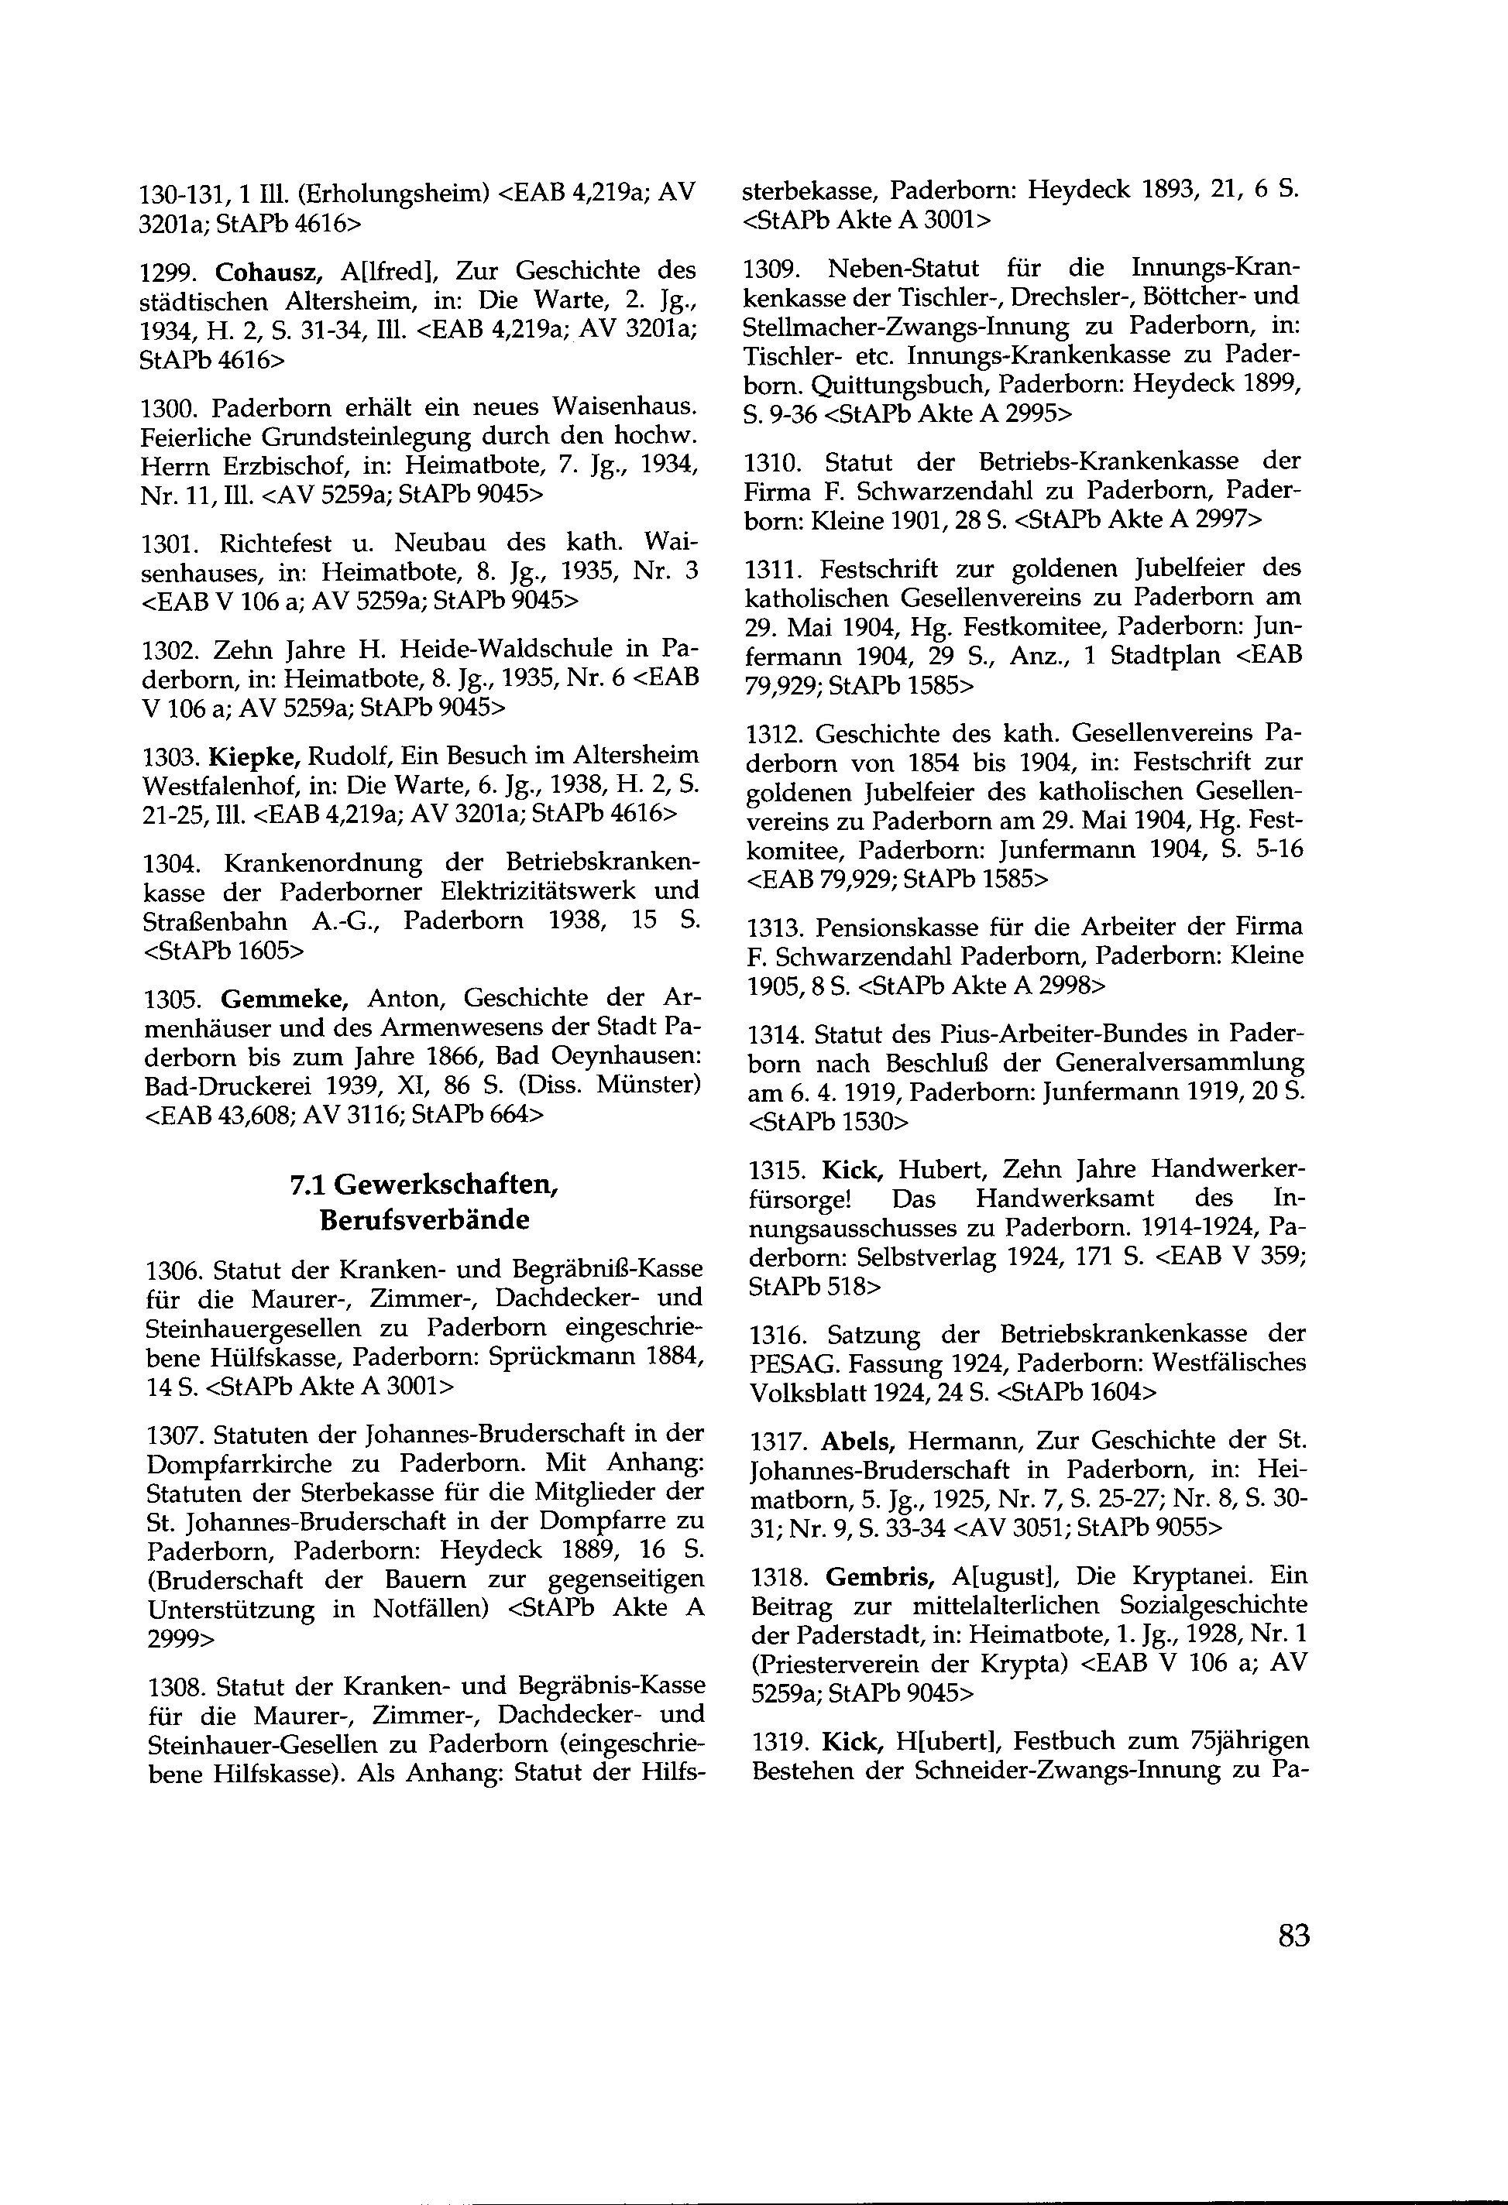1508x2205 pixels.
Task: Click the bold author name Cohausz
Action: tap(270, 271)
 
